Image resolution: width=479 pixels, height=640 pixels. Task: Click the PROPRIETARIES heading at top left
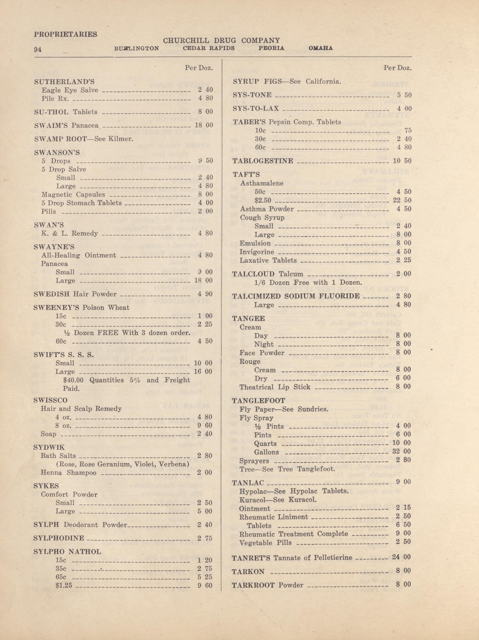[x=66, y=34]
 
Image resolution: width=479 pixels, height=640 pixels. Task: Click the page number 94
[x=38, y=49]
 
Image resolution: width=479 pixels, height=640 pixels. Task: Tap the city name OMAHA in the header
[x=320, y=48]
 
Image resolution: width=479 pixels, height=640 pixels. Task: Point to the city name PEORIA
[x=271, y=48]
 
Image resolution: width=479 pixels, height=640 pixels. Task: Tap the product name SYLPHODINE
[x=59, y=538]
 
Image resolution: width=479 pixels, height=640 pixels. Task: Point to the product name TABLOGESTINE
[x=263, y=161]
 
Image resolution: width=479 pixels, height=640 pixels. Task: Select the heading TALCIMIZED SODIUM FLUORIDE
[x=296, y=296]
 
